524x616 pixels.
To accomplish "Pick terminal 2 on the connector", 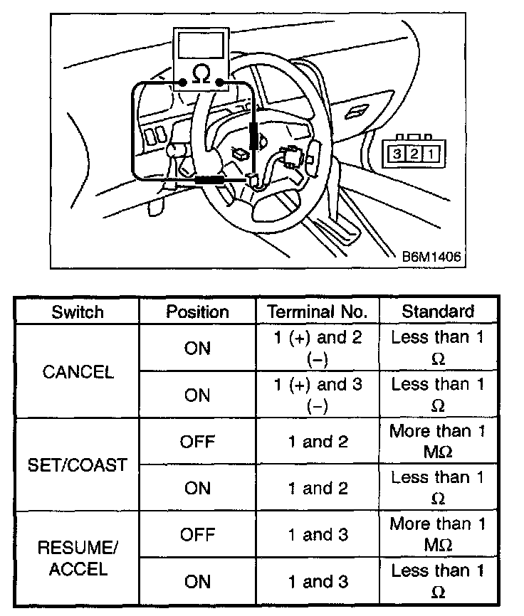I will [x=412, y=153].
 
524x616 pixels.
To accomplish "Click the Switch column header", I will [x=77, y=312].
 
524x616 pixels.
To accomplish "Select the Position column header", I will [x=197, y=312].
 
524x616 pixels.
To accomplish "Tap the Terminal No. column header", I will [x=317, y=312].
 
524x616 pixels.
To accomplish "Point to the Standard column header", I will [x=438, y=312].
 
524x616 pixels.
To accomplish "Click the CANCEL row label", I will [x=78, y=373].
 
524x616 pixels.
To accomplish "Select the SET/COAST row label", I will [x=78, y=465].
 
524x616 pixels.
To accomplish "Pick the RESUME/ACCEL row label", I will [x=78, y=558].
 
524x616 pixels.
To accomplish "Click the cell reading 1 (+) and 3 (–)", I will [x=317, y=395].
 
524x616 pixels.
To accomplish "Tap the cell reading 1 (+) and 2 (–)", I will [x=317, y=349].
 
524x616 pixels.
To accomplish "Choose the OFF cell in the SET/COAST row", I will [x=197, y=442].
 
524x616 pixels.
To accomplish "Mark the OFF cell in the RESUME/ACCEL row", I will [x=197, y=535].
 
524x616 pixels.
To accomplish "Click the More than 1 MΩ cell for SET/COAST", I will [x=438, y=441].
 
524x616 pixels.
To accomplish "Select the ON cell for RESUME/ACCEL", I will [x=197, y=582].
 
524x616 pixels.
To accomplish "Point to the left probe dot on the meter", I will [x=183, y=83].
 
